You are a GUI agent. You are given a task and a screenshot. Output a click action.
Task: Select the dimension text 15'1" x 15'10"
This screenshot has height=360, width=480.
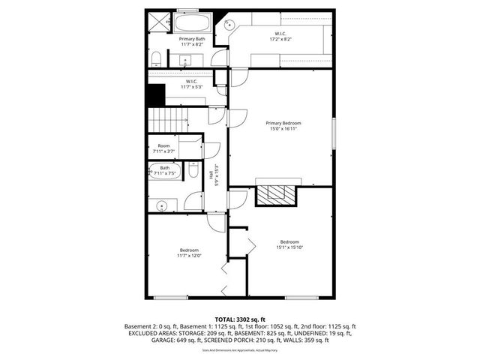click(x=289, y=247)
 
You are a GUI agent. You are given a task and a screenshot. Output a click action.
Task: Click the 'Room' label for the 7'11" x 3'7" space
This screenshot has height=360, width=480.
click(x=163, y=145)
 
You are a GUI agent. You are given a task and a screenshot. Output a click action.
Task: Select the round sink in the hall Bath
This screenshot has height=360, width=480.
click(x=160, y=205)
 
